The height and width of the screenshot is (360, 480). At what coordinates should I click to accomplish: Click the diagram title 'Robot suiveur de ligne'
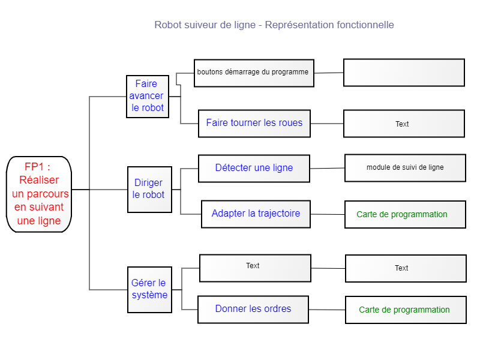point(205,25)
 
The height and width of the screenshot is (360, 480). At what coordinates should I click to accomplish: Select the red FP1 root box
point(39,194)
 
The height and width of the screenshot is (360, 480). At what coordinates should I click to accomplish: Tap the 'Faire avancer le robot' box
point(148,97)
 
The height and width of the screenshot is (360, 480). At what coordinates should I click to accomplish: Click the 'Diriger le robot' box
point(149,190)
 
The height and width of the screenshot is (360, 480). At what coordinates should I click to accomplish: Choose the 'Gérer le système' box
point(149,290)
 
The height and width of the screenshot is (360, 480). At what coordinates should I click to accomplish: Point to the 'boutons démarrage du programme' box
point(254,73)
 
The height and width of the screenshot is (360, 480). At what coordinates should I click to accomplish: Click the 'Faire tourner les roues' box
point(254,124)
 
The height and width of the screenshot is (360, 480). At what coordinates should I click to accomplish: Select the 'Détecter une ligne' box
point(254,169)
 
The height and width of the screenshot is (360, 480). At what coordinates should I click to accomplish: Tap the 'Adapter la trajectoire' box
point(256,214)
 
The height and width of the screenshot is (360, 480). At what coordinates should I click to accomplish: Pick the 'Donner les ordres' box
point(253,309)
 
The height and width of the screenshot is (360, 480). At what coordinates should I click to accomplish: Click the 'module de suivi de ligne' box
point(406,168)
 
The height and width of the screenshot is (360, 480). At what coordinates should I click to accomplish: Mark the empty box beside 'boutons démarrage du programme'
point(404,73)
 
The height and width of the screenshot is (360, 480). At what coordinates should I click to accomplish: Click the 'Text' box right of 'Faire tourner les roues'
point(404,124)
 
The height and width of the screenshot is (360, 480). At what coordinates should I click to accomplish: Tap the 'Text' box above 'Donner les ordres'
point(256,268)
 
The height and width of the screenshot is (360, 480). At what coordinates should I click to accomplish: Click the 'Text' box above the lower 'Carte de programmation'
point(406,268)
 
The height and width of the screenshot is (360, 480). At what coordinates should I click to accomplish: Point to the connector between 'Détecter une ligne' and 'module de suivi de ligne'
point(327,169)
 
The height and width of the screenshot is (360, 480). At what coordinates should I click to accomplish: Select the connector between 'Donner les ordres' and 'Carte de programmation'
point(327,310)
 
